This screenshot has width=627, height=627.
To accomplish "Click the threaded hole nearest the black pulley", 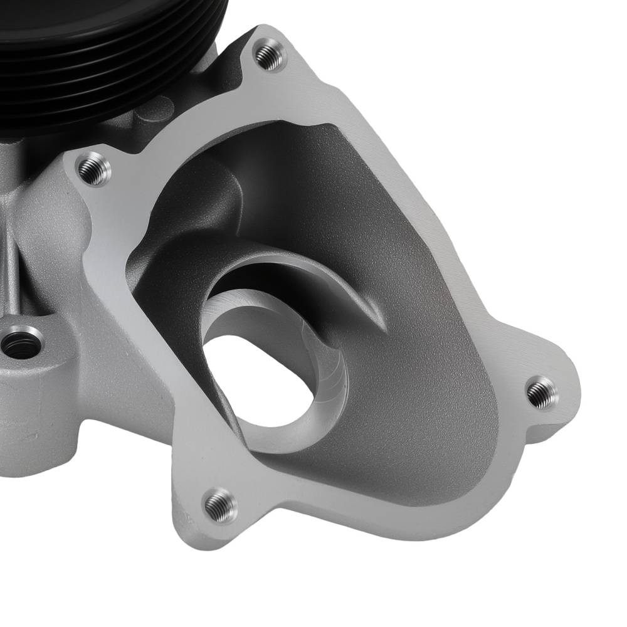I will tap(270, 55).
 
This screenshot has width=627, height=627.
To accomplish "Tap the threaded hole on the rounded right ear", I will tap(541, 393).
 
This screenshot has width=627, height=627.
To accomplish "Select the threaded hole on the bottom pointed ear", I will tap(221, 505).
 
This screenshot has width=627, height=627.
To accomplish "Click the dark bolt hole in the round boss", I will tap(20, 344).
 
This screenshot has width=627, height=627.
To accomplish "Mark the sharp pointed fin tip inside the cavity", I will tap(382, 326).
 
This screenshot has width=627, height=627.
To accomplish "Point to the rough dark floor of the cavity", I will tap(426, 401).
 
